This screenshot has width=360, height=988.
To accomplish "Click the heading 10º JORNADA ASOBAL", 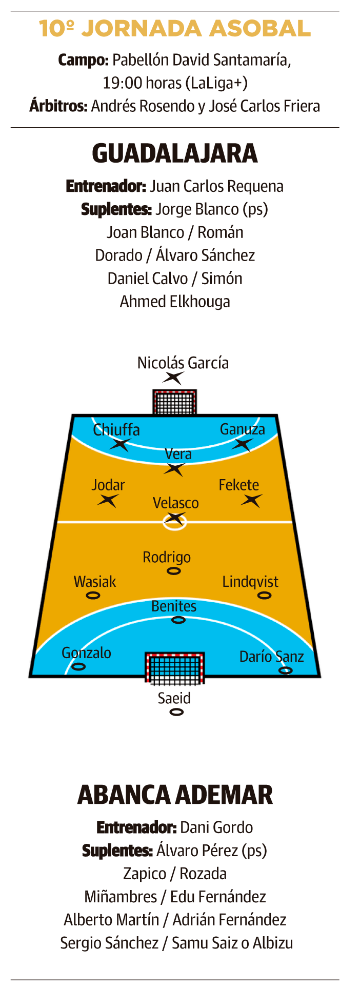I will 175,29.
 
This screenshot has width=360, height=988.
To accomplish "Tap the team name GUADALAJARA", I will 175,153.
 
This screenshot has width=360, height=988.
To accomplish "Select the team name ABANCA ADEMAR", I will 175,795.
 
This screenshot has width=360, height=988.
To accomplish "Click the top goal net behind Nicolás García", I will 174,403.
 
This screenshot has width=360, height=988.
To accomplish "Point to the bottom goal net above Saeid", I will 175,668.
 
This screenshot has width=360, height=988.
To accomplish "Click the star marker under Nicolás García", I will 173,378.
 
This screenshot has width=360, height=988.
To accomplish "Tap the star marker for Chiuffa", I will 120,444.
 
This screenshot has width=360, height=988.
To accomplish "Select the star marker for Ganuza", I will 242,444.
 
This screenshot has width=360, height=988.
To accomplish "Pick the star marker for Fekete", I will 251,500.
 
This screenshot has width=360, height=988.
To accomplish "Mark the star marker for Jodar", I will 108,500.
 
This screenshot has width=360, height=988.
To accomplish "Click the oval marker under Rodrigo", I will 174,571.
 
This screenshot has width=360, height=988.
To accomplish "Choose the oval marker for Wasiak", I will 93,596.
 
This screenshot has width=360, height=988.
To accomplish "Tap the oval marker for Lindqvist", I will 264,596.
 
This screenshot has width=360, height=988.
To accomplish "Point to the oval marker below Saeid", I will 176,712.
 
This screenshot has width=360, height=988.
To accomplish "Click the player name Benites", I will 174,606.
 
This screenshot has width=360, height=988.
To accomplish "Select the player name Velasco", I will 175,503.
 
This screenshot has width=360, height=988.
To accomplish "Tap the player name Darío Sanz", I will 271,657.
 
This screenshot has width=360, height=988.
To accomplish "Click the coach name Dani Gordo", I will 216,827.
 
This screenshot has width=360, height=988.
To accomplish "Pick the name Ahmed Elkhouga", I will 175,301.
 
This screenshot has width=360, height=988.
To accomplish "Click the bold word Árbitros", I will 58,106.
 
